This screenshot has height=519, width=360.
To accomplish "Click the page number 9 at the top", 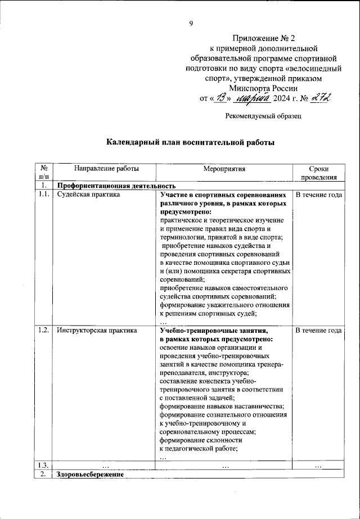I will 191,23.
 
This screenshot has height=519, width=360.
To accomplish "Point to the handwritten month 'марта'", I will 252,99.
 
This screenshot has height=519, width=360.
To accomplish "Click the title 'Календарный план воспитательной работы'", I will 190,143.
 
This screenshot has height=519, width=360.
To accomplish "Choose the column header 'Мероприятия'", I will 224,169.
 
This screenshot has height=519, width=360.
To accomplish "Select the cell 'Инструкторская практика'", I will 97,331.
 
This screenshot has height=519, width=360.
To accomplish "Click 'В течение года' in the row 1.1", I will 318,195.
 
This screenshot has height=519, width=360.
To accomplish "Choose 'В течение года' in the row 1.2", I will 318,331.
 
